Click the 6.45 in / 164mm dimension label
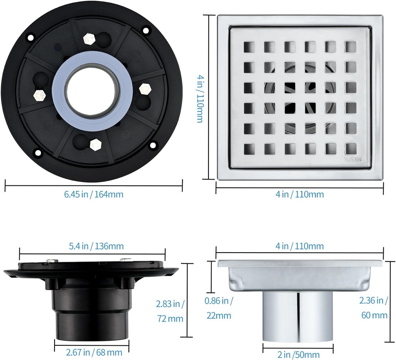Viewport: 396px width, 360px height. coord(94,194)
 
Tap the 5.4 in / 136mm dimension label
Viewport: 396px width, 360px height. coord(97,246)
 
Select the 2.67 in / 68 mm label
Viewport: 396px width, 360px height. coord(94,352)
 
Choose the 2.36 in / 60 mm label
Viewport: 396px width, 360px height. coord(374,307)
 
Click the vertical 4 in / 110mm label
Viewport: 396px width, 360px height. coord(200,98)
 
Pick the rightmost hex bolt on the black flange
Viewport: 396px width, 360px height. coord(145,88)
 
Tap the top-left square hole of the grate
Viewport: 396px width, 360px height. coord(249,47)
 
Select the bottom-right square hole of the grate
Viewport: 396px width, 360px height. coord(350,149)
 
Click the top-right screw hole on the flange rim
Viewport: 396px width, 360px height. coord(146,30)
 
